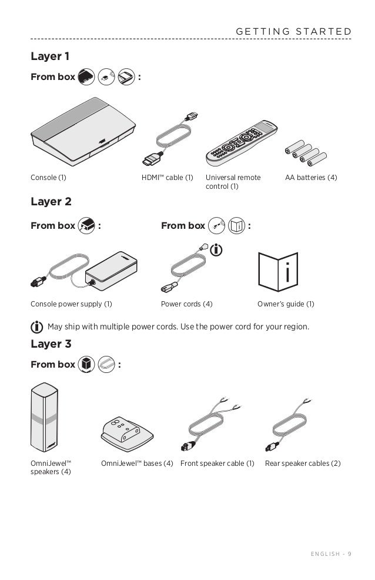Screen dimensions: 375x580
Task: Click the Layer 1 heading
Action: [x=50, y=56]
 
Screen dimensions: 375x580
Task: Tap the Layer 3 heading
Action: [x=51, y=344]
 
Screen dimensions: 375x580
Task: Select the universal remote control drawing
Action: [x=242, y=143]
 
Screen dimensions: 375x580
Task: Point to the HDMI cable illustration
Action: [x=170, y=139]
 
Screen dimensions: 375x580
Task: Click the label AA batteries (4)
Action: [x=311, y=178]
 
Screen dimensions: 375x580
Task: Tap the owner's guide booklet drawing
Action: [x=278, y=272]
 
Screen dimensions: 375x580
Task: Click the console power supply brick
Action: [x=111, y=271]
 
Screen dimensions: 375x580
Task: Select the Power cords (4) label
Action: [x=186, y=304]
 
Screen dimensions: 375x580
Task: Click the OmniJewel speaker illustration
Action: [x=44, y=417]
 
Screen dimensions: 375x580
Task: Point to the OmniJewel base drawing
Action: [x=127, y=434]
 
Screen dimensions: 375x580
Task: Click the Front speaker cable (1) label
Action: [x=217, y=464]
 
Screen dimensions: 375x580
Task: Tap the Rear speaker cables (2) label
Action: [x=303, y=464]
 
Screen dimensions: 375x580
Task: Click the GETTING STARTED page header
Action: [x=294, y=31]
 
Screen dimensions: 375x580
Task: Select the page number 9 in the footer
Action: [x=350, y=554]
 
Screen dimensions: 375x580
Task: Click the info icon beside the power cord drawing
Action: [x=216, y=250]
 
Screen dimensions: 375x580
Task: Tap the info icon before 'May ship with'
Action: [x=37, y=327]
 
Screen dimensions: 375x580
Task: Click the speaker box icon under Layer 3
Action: [x=86, y=364]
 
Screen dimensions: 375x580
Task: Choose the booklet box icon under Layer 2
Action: [x=236, y=226]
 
